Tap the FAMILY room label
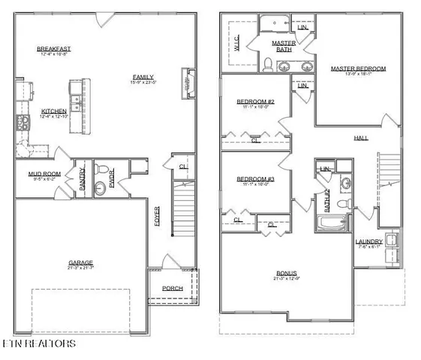[144, 76]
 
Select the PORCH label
[173, 288]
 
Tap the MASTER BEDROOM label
[358, 69]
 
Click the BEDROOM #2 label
[256, 101]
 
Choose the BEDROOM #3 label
[256, 179]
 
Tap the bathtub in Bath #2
[331, 224]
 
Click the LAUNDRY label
[368, 241]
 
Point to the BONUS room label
[286, 273]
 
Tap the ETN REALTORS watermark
[38, 343]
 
